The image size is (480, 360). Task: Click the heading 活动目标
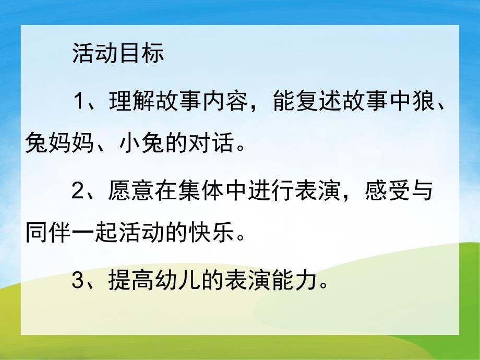(x=119, y=54)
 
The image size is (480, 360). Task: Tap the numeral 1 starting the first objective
(x=78, y=99)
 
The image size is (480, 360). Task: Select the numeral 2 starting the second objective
(x=78, y=193)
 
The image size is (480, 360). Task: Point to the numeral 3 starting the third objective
(x=78, y=282)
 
